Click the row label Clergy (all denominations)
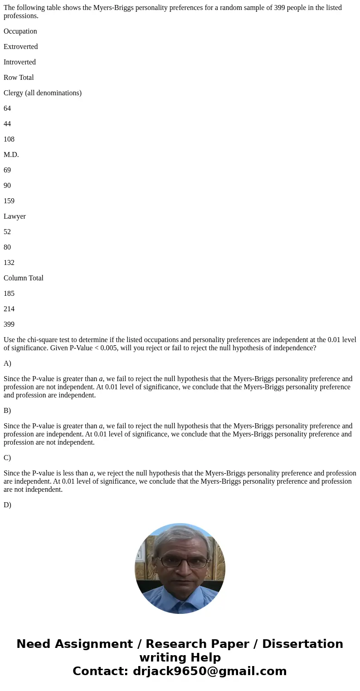tap(43, 93)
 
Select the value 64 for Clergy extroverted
tap(7, 108)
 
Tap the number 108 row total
tap(9, 139)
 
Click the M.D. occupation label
tap(11, 155)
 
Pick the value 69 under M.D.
tap(7, 170)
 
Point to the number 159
tap(9, 201)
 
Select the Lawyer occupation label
tap(15, 216)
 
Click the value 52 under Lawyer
tap(7, 232)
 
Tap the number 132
tap(9, 263)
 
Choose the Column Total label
tap(24, 278)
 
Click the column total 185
tap(9, 294)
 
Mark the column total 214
tap(9, 309)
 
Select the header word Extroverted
tap(21, 47)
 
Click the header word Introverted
tap(19, 62)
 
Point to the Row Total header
tap(19, 78)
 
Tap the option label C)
tap(7, 458)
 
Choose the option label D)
tap(7, 505)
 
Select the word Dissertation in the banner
tap(302, 644)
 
